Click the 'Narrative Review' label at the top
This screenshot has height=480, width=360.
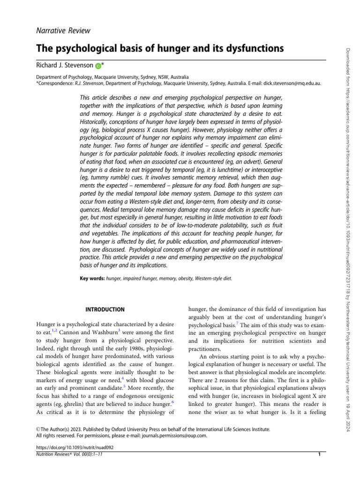tap(63, 31)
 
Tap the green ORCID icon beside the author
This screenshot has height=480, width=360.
tap(98, 66)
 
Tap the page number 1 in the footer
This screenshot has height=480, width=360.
tap(319, 454)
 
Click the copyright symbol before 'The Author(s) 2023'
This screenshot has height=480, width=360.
tap(38, 429)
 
